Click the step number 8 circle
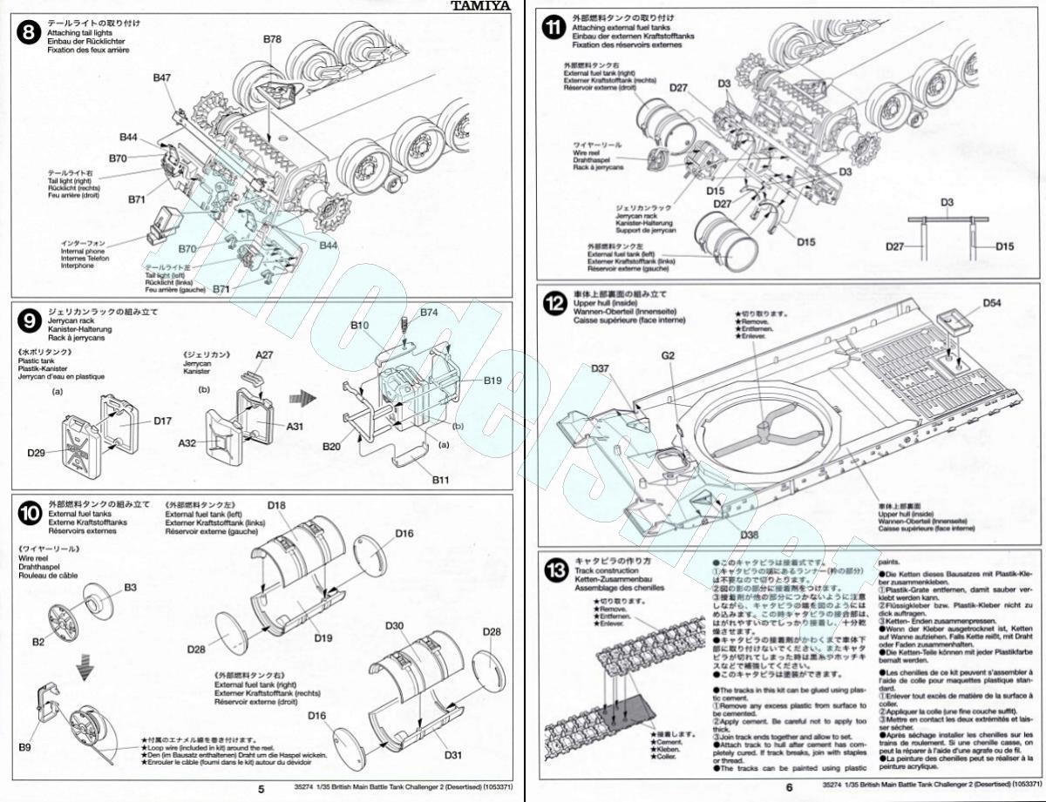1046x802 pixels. (x=29, y=32)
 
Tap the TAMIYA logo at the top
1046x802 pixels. (x=480, y=6)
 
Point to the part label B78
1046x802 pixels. (x=272, y=39)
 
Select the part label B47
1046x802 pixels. (x=161, y=78)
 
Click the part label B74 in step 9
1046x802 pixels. (x=430, y=312)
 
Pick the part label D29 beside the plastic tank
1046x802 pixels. (x=36, y=453)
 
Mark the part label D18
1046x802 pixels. (x=277, y=506)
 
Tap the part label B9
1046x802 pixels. (x=24, y=747)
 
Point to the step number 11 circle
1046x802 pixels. (x=553, y=27)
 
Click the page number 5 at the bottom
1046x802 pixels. (x=261, y=789)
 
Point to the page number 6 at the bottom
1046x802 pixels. (x=790, y=789)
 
